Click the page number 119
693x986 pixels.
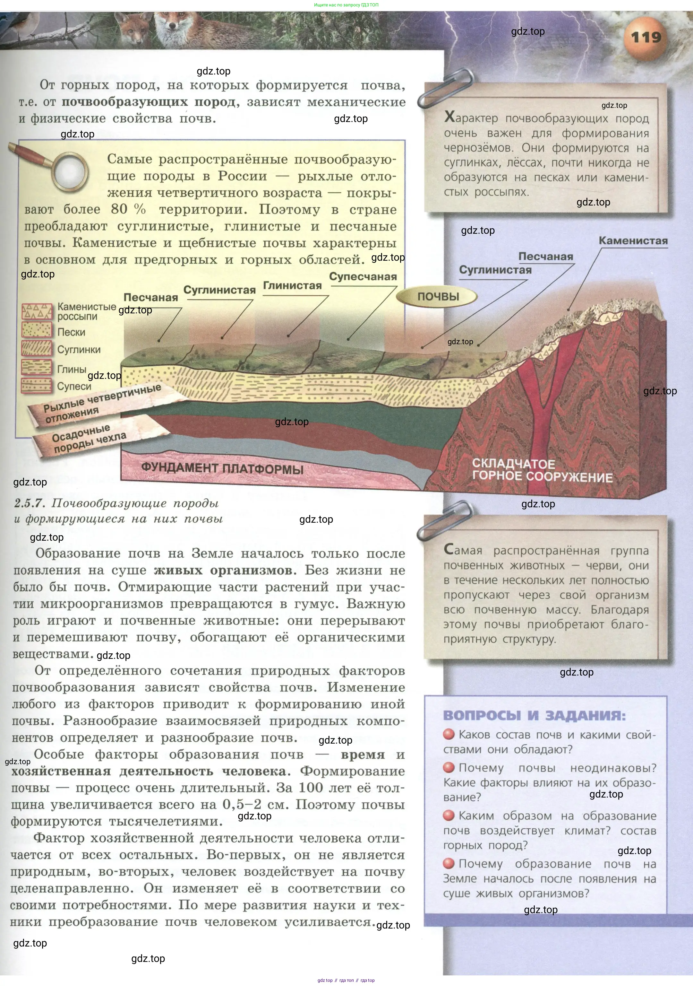[x=646, y=37]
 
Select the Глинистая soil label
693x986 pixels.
[x=292, y=285]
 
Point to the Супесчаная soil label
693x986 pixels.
[x=363, y=276]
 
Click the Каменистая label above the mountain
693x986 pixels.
[x=633, y=240]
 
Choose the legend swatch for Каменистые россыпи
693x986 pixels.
[x=37, y=311]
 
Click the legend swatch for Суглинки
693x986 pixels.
[x=37, y=349]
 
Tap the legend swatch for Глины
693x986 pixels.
[x=37, y=368]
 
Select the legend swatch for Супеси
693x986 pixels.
[x=37, y=386]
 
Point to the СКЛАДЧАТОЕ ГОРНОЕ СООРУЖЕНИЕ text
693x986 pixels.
[x=542, y=471]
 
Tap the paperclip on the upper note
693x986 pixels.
[x=446, y=88]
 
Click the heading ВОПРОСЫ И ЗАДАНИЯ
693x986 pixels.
[x=534, y=715]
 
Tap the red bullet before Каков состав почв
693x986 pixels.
[x=449, y=734]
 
